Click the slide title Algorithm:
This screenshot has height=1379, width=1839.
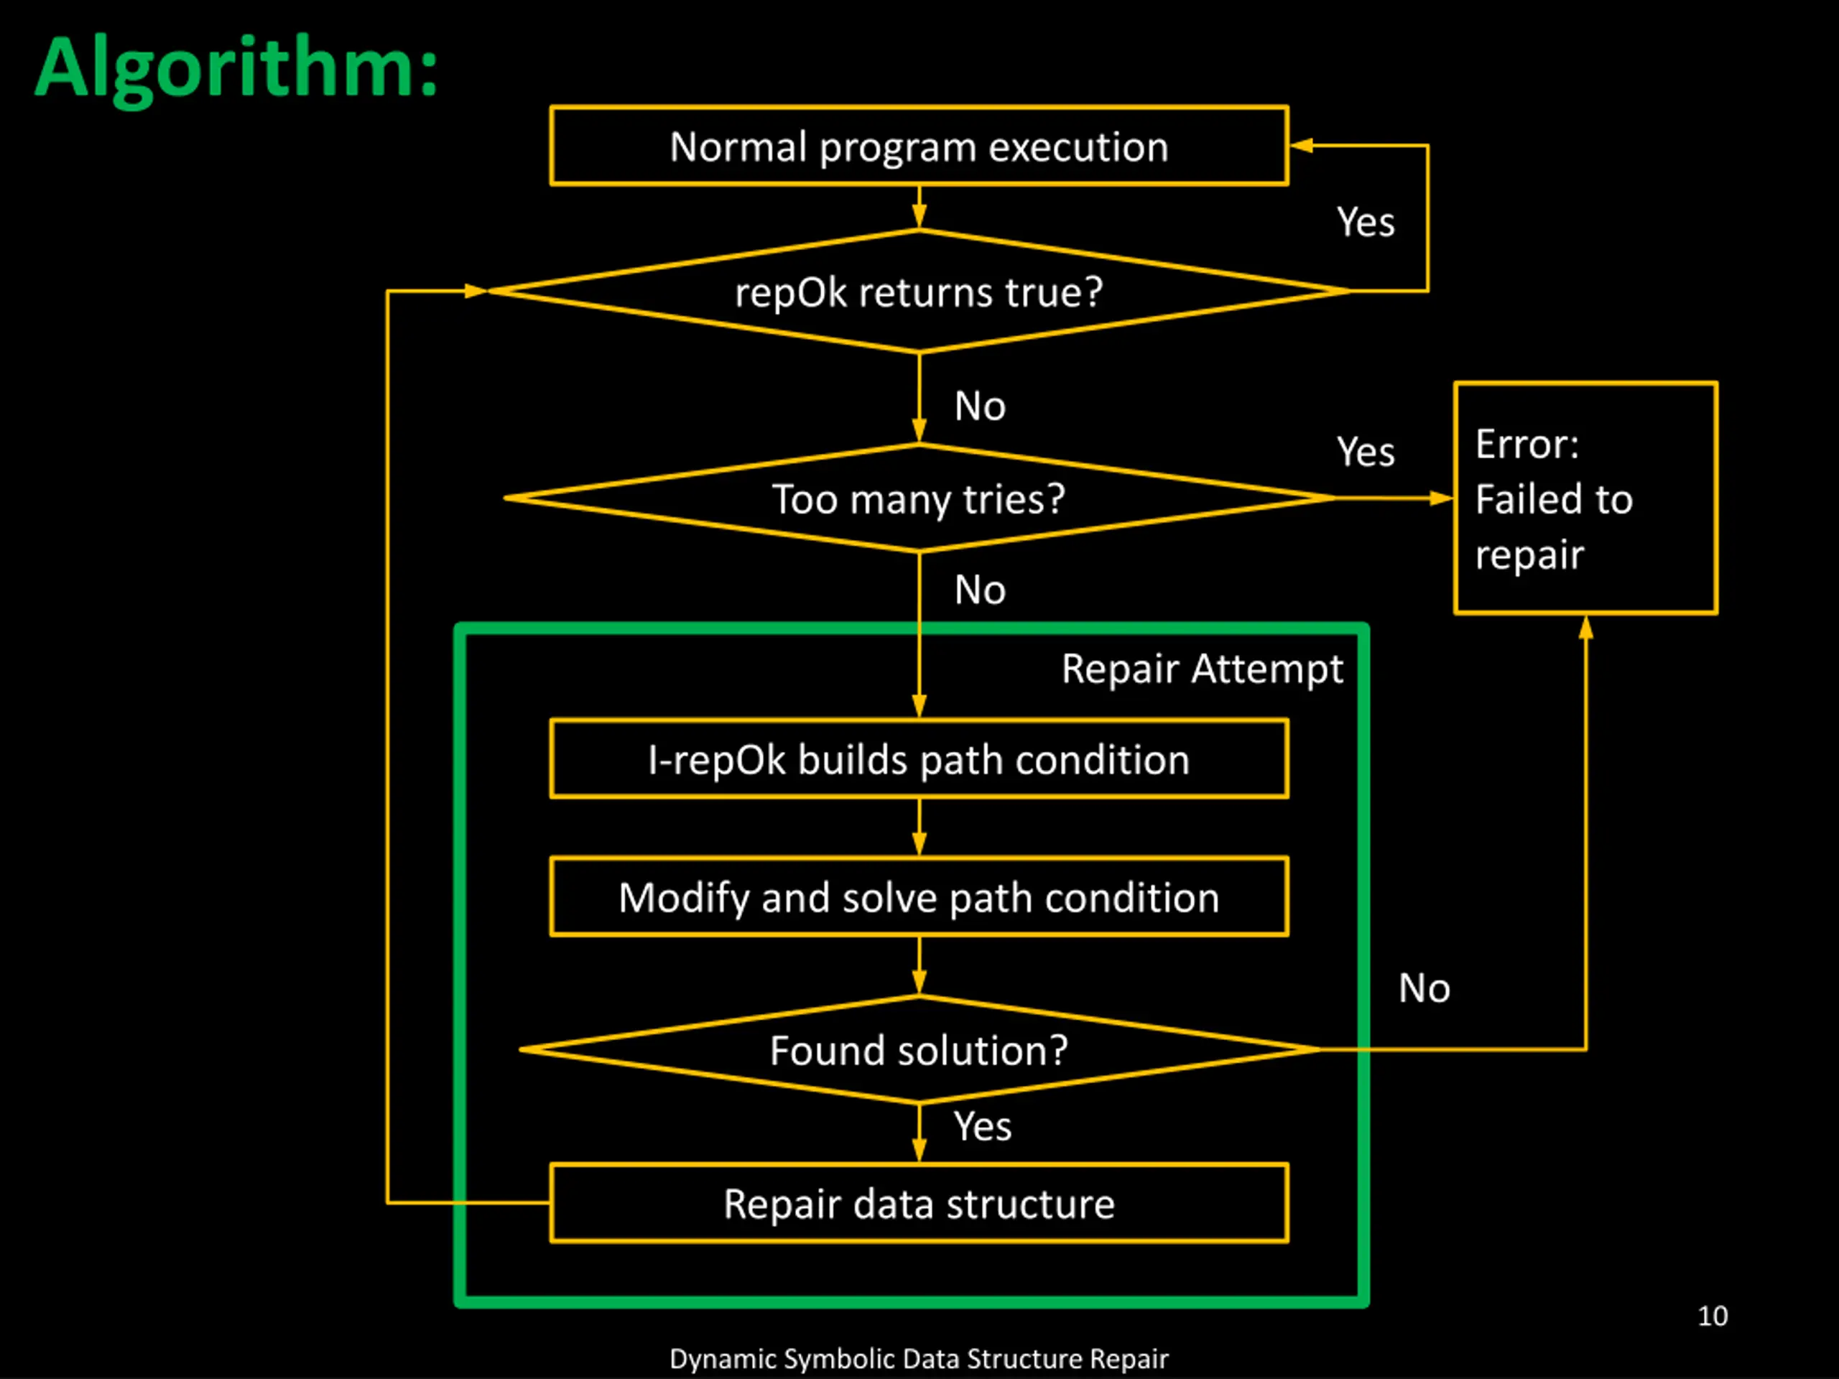point(236,68)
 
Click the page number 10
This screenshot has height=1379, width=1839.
point(1713,1316)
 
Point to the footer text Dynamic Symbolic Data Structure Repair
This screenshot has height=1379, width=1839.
point(919,1358)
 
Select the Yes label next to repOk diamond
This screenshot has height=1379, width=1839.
point(1365,222)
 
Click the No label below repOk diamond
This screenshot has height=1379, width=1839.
point(980,407)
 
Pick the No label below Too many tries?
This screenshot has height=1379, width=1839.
point(980,590)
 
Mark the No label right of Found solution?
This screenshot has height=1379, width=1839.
point(1424,988)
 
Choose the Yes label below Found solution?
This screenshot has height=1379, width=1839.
point(982,1126)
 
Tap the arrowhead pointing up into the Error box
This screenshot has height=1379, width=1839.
point(1585,628)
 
